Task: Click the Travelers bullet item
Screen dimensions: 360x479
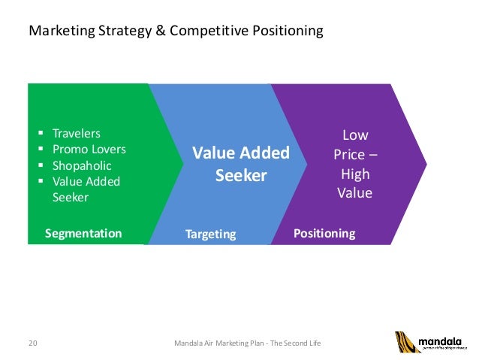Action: coord(76,133)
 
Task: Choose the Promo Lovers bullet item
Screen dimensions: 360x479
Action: coord(89,149)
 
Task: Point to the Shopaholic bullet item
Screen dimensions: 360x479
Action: coord(81,165)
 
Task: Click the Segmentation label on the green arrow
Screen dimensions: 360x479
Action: coord(83,234)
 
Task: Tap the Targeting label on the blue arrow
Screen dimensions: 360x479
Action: coord(210,234)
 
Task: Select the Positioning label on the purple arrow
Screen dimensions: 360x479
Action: coord(324,234)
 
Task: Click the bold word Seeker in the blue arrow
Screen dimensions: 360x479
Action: coord(241,176)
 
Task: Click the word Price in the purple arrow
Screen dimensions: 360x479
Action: coord(350,155)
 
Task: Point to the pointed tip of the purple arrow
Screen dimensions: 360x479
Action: coord(424,162)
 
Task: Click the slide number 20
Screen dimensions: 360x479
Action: coord(32,343)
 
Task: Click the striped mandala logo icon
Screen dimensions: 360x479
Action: coord(407,342)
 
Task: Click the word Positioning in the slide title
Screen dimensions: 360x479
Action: coord(279,32)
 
